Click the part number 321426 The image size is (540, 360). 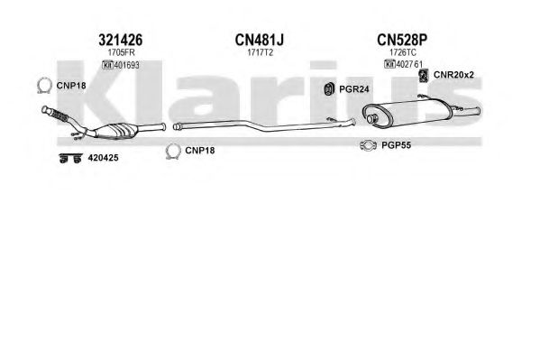pyautogui.click(x=120, y=40)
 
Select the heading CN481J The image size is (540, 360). pyautogui.click(x=260, y=40)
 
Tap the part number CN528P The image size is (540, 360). pyautogui.click(x=402, y=40)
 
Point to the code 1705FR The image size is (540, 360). pyautogui.click(x=121, y=52)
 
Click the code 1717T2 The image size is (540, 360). pyautogui.click(x=260, y=52)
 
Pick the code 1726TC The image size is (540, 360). pyautogui.click(x=403, y=52)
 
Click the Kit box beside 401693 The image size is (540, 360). pyautogui.click(x=108, y=65)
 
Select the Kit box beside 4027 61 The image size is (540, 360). pyautogui.click(x=389, y=64)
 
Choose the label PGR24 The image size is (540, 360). pyautogui.click(x=353, y=89)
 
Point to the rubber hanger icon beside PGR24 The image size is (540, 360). pyautogui.click(x=329, y=89)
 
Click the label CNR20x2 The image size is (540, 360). pyautogui.click(x=453, y=75)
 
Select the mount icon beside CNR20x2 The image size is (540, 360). pyautogui.click(x=423, y=76)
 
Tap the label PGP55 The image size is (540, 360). pyautogui.click(x=396, y=145)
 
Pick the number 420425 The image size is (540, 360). pyautogui.click(x=103, y=158)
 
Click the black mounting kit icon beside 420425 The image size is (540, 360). pyautogui.click(x=70, y=158)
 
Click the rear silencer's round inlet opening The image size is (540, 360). pyautogui.click(x=371, y=118)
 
